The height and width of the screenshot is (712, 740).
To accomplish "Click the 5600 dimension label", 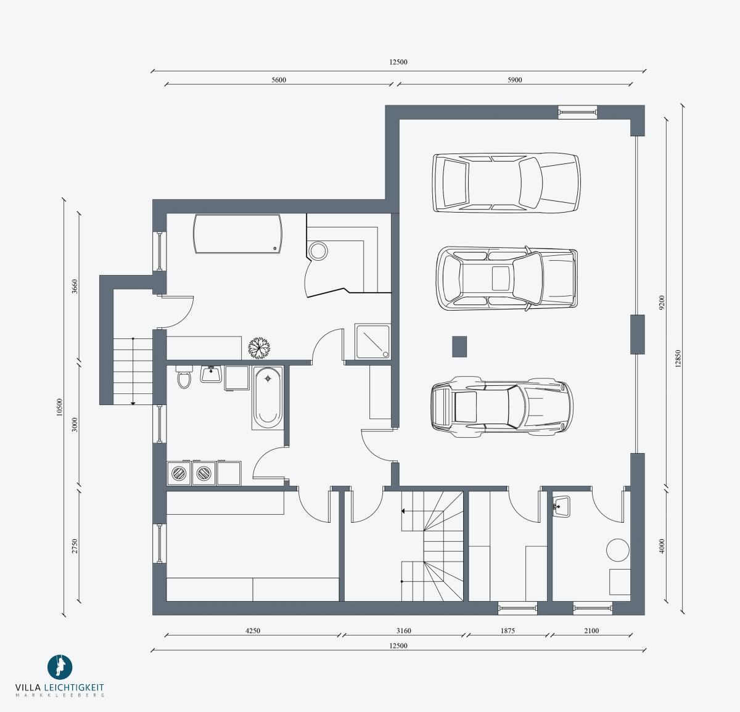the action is [x=278, y=80].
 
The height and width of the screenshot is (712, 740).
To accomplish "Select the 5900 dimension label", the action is [x=514, y=80].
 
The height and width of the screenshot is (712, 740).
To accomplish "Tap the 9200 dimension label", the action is [x=662, y=303].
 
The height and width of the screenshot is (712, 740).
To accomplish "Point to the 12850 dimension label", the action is [x=678, y=359].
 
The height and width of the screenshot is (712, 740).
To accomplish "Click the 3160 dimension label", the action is [x=403, y=631].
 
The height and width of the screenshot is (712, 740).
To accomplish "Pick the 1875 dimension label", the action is [x=508, y=631].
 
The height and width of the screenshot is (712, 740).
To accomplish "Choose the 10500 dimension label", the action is [x=59, y=407].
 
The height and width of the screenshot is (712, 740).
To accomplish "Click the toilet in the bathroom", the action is [x=184, y=377].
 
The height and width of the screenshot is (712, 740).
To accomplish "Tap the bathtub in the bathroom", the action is [x=268, y=398].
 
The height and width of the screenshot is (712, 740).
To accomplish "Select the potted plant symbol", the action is [x=259, y=348].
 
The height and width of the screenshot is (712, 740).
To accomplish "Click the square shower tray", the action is [x=372, y=342].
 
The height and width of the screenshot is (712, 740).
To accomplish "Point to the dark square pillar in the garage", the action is [x=459, y=346].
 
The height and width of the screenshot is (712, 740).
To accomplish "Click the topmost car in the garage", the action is [x=506, y=182].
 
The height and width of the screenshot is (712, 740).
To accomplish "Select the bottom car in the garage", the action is [x=502, y=407].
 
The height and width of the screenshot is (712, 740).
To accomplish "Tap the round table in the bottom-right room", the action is [x=617, y=550].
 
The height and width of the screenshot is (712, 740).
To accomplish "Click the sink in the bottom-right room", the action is [x=561, y=506].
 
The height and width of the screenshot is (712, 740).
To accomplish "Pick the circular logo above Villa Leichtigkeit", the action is [x=60, y=667].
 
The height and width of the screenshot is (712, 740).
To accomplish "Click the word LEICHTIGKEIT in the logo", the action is [x=74, y=688].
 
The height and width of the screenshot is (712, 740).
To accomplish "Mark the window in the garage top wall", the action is [x=577, y=112].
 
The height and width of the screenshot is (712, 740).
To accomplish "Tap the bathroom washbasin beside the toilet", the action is [x=211, y=374].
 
